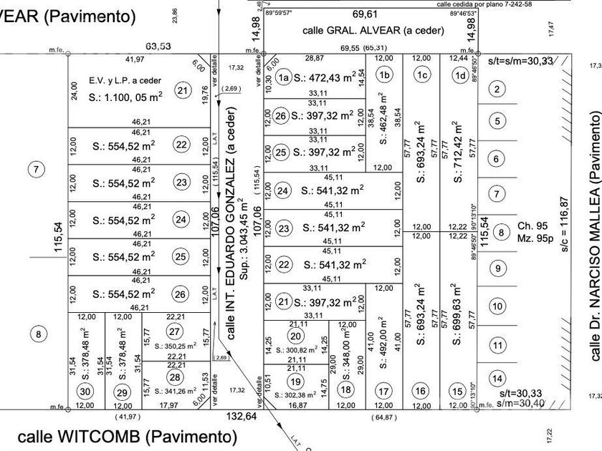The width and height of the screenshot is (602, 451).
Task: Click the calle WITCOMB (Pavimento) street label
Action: click(127, 436)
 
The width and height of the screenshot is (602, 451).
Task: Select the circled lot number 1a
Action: click(284, 79)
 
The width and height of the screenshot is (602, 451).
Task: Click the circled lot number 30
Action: click(85, 392)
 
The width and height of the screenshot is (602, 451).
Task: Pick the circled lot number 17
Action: click(384, 392)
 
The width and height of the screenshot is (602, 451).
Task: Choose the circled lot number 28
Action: click(175, 377)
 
